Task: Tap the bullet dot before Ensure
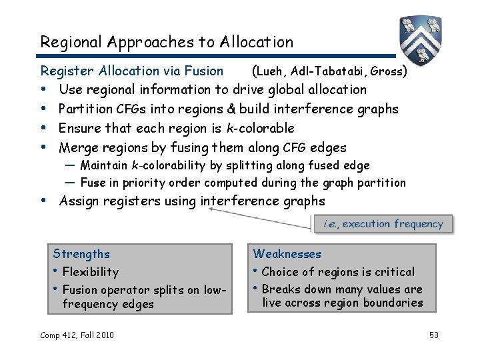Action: click(44, 128)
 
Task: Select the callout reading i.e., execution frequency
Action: click(383, 225)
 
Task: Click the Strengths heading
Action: click(81, 254)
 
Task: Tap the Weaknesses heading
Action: click(287, 254)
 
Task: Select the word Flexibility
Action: click(90, 272)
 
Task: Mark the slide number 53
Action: click(433, 335)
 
